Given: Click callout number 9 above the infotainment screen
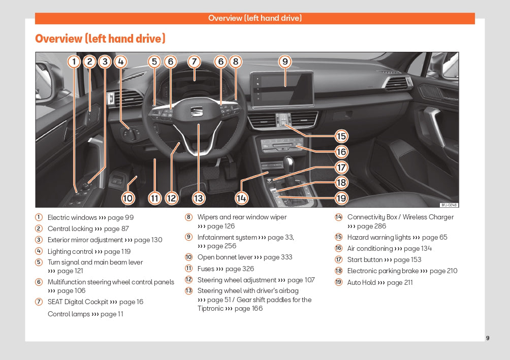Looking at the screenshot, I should click(285, 62).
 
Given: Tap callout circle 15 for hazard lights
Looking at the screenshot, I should click(341, 136).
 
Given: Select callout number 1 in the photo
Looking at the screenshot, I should click(74, 62).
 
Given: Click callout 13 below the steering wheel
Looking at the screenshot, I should click(198, 198).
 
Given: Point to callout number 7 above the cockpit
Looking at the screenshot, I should click(194, 62).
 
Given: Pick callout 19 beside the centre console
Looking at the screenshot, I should click(341, 198).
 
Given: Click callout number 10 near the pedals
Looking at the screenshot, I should click(128, 198).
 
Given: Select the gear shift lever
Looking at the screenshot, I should click(290, 168).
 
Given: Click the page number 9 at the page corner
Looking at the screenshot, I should click(488, 338).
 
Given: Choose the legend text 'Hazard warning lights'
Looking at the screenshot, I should click(379, 237).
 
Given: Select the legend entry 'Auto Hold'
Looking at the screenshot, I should click(361, 282).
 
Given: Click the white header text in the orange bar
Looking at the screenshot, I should click(254, 18).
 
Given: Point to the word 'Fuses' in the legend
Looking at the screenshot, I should click(205, 269).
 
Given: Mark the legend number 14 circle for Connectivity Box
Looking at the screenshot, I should click(338, 217).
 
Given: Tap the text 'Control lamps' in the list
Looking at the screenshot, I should click(68, 314).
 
